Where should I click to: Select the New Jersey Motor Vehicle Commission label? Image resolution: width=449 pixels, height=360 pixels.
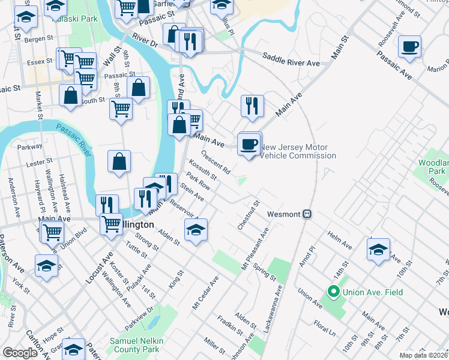[297, 151]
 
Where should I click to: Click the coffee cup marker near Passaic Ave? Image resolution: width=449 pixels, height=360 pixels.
[409, 47]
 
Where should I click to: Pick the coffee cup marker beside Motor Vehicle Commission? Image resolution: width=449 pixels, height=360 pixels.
[249, 144]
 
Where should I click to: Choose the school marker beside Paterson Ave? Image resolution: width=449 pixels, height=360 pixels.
[46, 266]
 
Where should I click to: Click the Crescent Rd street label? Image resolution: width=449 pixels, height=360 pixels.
[215, 163]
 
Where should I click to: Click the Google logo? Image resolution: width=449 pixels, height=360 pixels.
[20, 353]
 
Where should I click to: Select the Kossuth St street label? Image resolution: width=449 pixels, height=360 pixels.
[202, 169]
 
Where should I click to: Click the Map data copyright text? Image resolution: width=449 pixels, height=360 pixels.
[423, 355]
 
